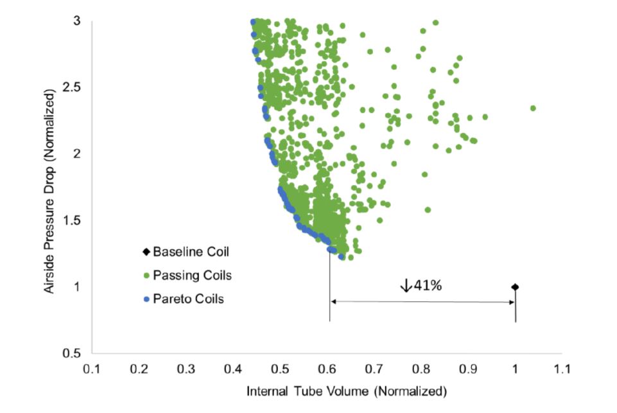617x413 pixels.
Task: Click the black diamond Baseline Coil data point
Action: point(515,286)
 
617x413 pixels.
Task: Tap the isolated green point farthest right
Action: point(533,108)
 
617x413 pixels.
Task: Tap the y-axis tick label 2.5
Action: point(73,87)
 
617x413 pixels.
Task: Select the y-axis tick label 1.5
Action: point(73,220)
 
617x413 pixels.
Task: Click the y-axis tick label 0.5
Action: point(73,353)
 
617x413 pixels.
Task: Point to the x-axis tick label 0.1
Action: point(92,369)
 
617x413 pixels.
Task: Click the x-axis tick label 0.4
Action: point(233,369)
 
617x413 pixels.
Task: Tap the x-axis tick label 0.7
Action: point(374,369)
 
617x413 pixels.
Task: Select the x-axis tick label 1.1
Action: point(562,369)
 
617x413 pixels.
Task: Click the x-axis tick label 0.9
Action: point(468,369)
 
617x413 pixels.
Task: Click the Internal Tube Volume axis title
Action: point(327,391)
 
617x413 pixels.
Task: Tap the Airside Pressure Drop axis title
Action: point(49,186)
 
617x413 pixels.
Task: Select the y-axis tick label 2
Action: point(76,154)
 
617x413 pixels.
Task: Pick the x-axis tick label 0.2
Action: point(139,369)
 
